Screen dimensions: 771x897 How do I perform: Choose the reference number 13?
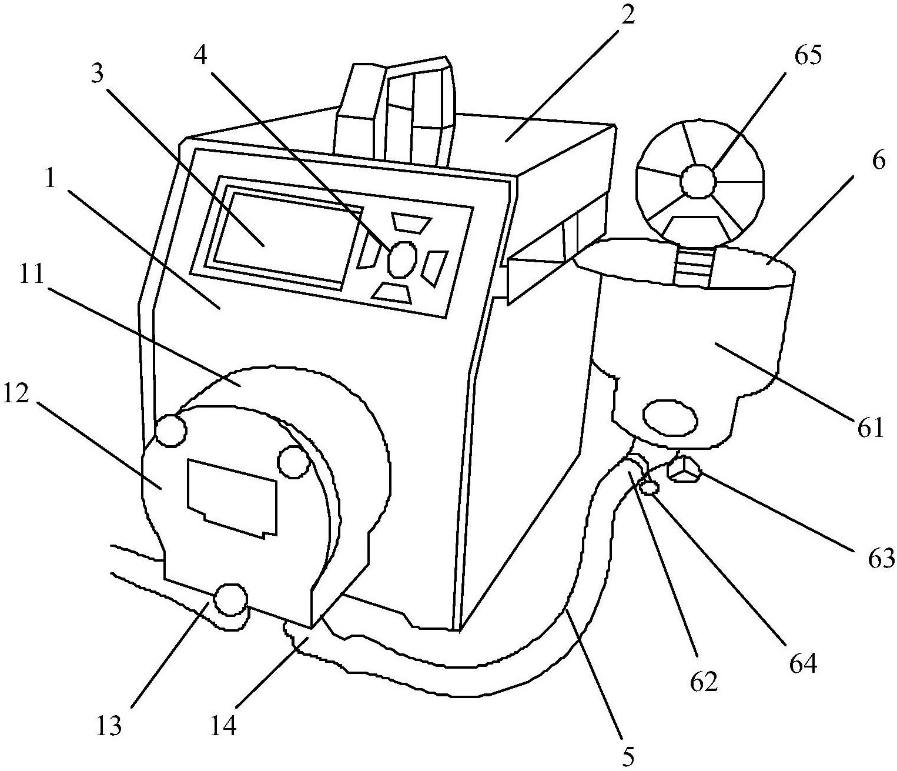110,726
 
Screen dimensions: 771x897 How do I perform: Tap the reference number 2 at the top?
628,15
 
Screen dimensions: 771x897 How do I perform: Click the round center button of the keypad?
403,259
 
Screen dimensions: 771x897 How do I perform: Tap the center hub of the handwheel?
698,181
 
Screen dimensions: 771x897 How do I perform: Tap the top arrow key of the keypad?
411,223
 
